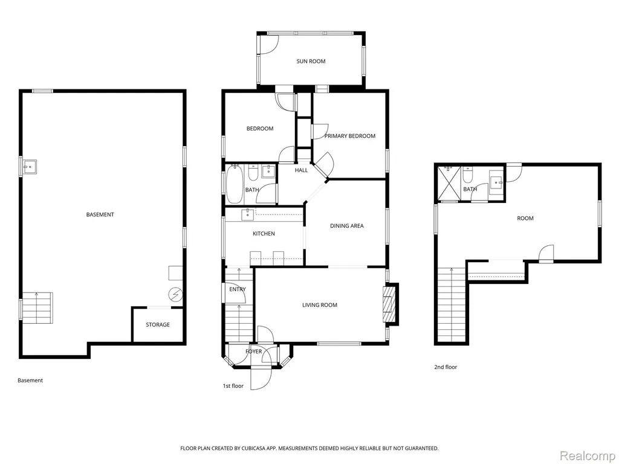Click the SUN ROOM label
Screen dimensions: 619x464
(x=311, y=61)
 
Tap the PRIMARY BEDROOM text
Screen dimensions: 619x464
(x=350, y=136)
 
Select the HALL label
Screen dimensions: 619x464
(x=301, y=170)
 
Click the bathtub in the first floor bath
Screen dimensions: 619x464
(x=233, y=185)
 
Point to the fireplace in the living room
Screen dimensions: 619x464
(x=389, y=304)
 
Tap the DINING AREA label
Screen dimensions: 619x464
(x=347, y=226)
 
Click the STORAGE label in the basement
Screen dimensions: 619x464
(x=158, y=324)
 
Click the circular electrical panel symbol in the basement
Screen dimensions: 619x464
(x=175, y=294)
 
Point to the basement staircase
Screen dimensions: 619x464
(x=37, y=308)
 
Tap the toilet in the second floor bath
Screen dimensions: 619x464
(x=467, y=175)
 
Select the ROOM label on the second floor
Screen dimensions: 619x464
(x=525, y=218)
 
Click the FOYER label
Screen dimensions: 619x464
(x=254, y=351)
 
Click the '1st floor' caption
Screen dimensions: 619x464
(x=233, y=386)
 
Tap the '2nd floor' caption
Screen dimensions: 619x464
(x=446, y=367)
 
